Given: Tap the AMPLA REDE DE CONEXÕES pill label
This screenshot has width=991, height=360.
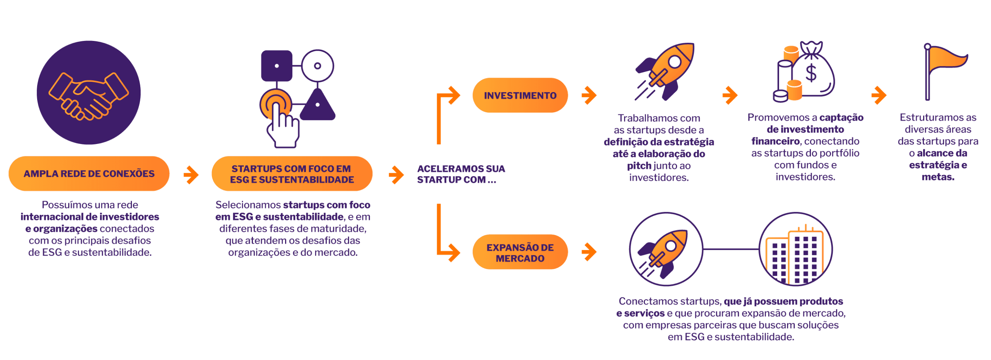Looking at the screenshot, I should tap(89, 174).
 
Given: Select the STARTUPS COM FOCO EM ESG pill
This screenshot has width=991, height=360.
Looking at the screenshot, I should tap(292, 174).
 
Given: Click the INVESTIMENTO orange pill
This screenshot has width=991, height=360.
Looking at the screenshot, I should tap(520, 95).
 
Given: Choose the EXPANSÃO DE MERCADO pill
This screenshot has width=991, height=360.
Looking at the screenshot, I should tap(520, 252).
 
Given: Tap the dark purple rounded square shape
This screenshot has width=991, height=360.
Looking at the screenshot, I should tap(276, 66).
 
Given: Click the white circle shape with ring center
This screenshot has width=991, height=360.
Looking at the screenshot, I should tap(317, 66).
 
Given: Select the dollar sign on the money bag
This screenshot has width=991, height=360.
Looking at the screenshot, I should tap(811, 73).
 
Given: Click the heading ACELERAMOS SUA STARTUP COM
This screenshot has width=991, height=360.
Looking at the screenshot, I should tap(461, 174).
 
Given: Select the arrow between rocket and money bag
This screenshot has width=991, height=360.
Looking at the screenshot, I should tap(729, 95).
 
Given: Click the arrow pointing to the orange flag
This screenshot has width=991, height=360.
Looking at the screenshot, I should tap(879, 95).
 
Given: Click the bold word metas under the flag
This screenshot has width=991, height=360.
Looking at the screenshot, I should tap(938, 177).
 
